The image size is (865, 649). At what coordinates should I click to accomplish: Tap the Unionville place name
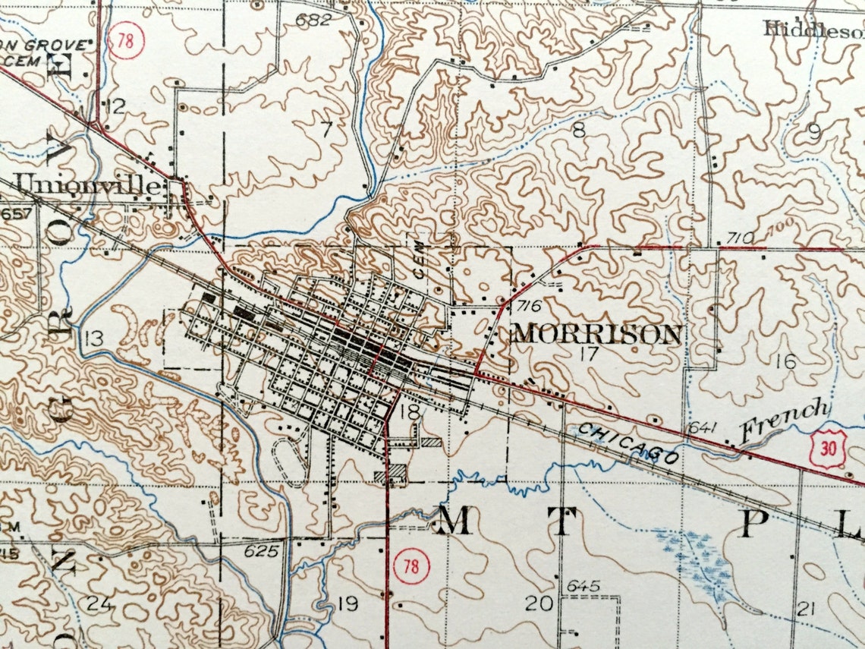pyautogui.click(x=90, y=184)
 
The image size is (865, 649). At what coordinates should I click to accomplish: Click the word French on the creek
pyautogui.click(x=785, y=421)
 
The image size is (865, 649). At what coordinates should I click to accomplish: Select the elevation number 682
pyautogui.click(x=313, y=20)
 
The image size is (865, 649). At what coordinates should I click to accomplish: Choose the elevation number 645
pyautogui.click(x=583, y=586)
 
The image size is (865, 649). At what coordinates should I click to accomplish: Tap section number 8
pyautogui.click(x=579, y=130)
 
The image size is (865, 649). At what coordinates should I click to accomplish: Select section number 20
pyautogui.click(x=539, y=603)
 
